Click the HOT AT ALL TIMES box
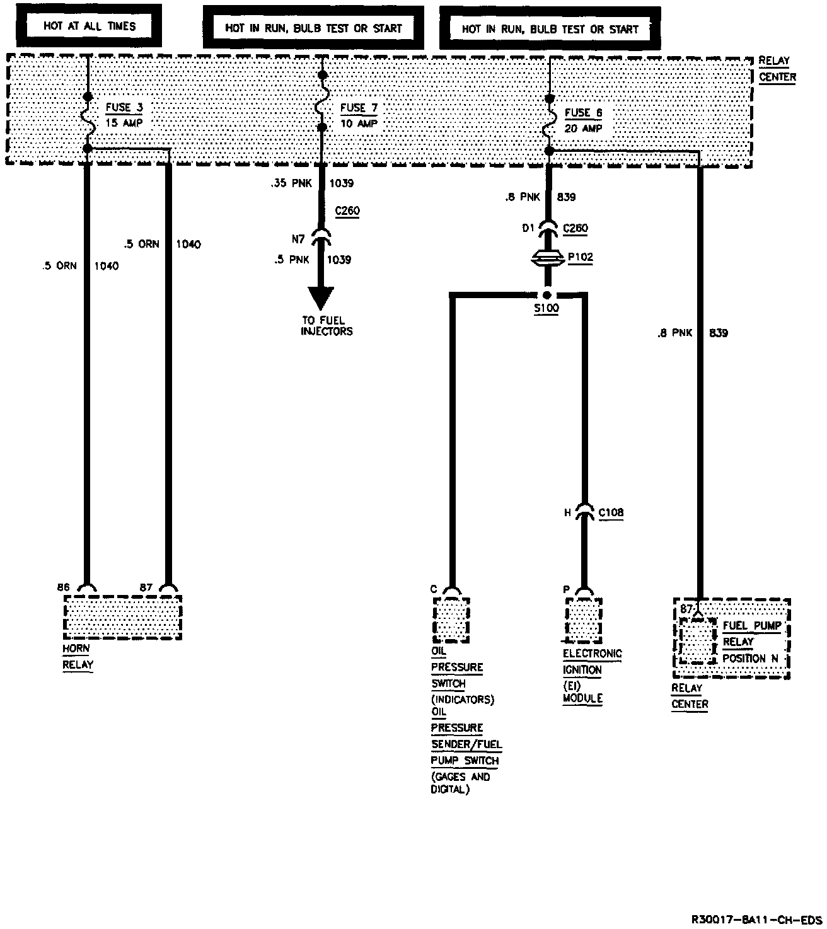click(x=89, y=26)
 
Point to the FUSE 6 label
click(x=583, y=113)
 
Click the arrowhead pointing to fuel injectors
click(x=321, y=296)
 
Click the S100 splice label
click(x=546, y=309)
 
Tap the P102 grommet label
click(x=580, y=258)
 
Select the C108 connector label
click(x=610, y=513)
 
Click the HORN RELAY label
click(x=78, y=657)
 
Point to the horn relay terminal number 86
click(x=63, y=587)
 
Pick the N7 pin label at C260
click(x=299, y=239)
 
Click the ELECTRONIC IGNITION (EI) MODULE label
click(x=592, y=676)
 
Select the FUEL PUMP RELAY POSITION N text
click(x=751, y=642)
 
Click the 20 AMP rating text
click(x=583, y=129)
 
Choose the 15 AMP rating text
click(x=124, y=124)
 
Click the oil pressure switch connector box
click(x=451, y=620)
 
